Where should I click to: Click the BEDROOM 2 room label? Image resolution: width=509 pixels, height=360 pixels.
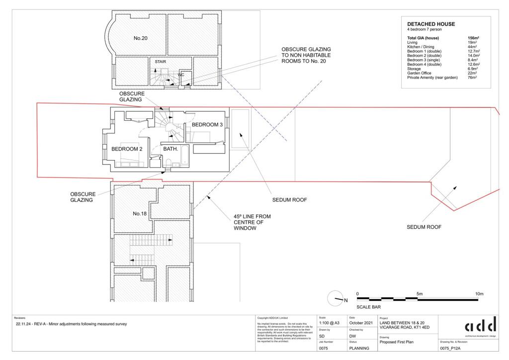[x=127, y=149]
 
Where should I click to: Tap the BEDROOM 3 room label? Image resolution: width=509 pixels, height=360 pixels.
[x=207, y=124]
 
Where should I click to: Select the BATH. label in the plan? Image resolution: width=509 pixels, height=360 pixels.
[x=171, y=149]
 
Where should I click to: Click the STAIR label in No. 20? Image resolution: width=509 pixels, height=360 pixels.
[x=160, y=62]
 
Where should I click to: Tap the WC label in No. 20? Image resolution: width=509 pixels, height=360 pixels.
[x=181, y=75]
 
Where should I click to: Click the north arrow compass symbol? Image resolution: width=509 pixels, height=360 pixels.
[x=337, y=299]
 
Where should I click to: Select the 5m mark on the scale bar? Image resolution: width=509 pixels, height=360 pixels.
[x=420, y=294]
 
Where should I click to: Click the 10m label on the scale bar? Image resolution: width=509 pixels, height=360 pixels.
[x=479, y=294]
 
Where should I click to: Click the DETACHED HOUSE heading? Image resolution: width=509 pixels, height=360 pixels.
[x=430, y=24]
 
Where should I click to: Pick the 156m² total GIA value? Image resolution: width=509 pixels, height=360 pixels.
[x=473, y=38]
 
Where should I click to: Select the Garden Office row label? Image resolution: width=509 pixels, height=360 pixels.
[x=420, y=74]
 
